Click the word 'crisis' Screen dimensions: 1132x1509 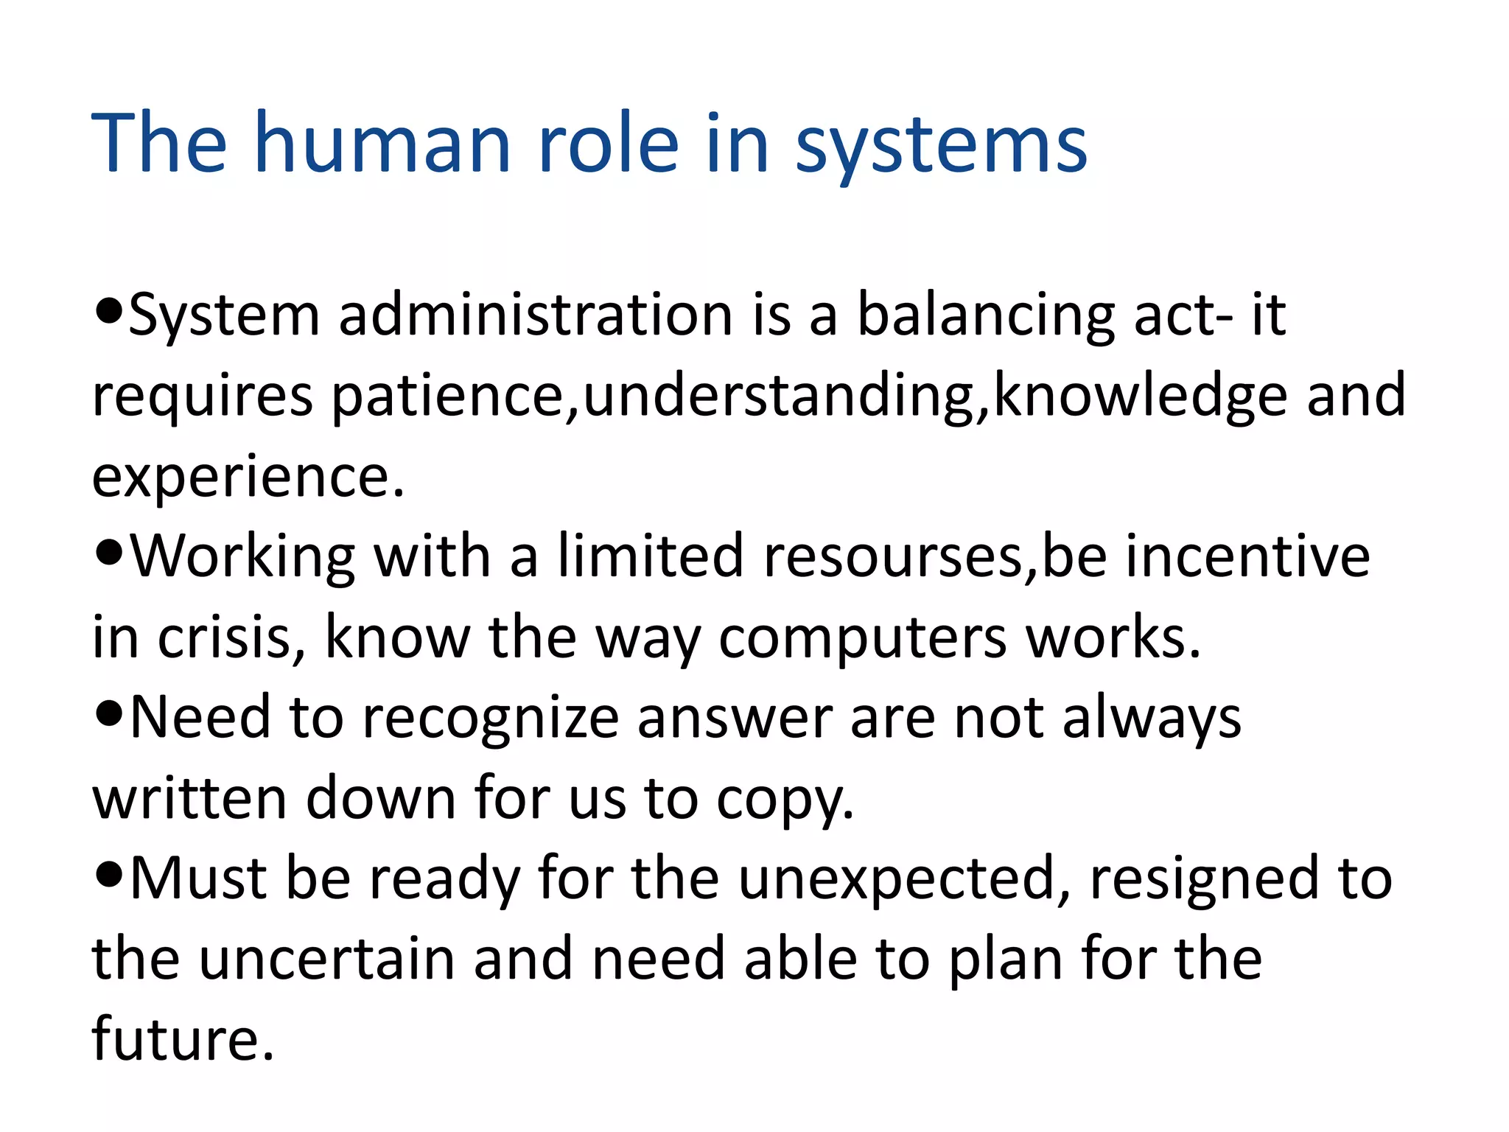pos(225,638)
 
